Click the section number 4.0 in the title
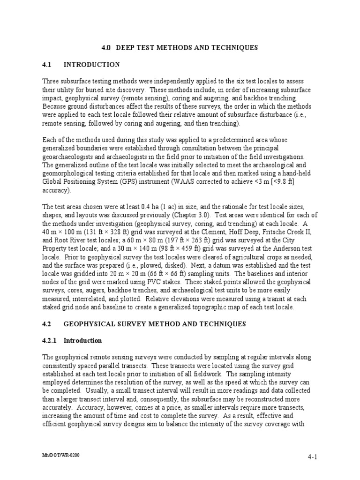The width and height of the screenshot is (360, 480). pyautogui.click(x=106, y=48)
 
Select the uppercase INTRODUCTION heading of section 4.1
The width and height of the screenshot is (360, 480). pyautogui.click(x=92, y=65)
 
